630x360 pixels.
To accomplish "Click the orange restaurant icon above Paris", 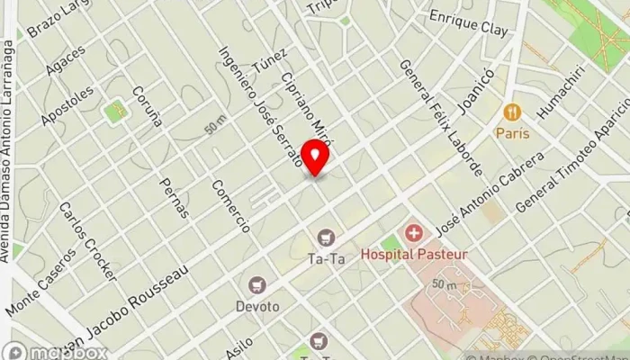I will click(x=511, y=112).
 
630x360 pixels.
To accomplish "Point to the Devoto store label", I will click(x=258, y=306).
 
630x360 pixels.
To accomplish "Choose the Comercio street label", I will click(x=230, y=206).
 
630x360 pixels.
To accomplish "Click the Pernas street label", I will click(x=174, y=193).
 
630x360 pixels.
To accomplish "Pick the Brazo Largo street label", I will click(x=57, y=20).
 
